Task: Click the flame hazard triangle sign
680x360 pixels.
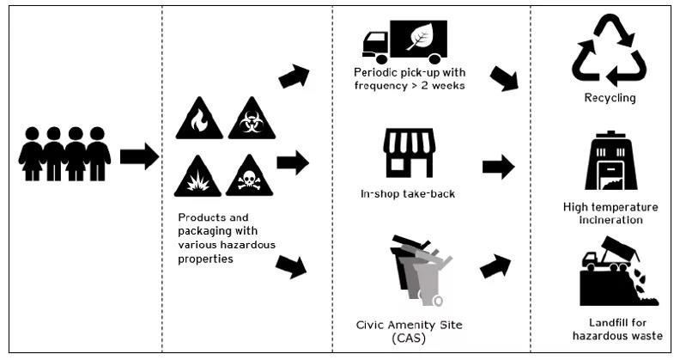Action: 199,121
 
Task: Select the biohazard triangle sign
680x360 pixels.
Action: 252,121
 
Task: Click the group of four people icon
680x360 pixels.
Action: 64,154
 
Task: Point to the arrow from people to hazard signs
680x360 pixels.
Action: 138,156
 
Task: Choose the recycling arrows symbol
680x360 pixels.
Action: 609,49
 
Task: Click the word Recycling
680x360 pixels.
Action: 610,98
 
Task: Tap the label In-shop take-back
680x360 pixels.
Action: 408,193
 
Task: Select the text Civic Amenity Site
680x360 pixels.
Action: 409,326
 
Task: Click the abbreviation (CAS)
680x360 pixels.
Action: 409,339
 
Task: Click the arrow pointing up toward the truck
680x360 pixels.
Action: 294,76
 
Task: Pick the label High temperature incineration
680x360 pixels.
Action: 610,214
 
